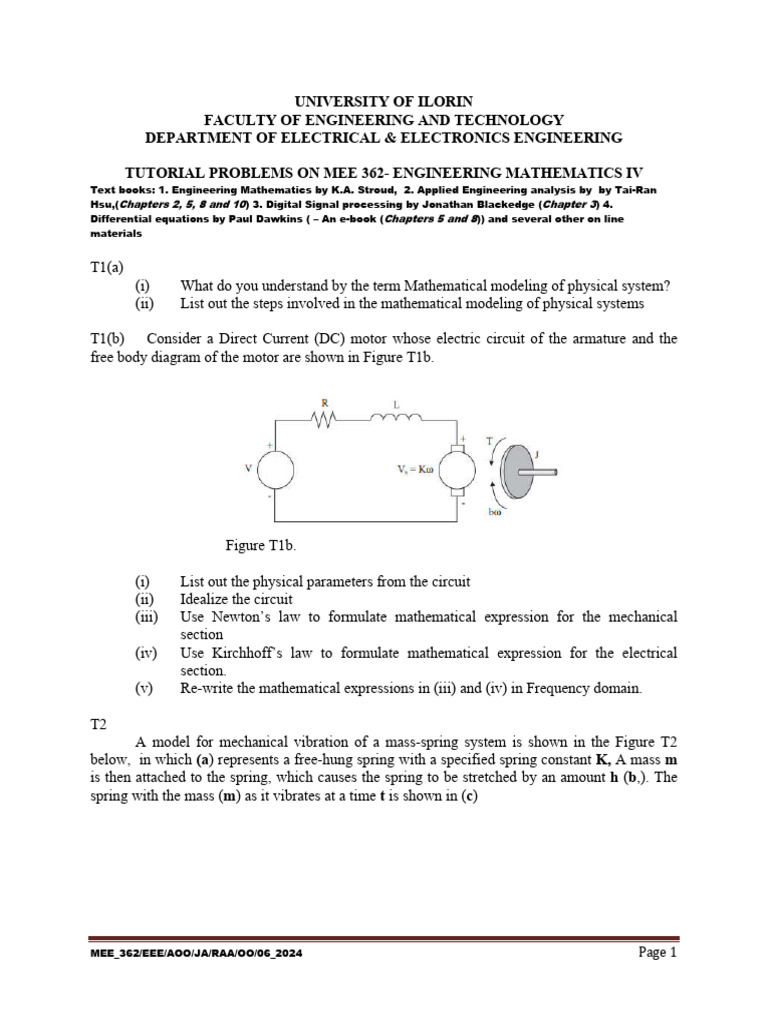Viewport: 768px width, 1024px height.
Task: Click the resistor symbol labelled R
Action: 322,421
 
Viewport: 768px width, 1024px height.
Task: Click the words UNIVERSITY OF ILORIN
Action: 383,101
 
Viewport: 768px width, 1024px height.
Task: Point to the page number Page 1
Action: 658,952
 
